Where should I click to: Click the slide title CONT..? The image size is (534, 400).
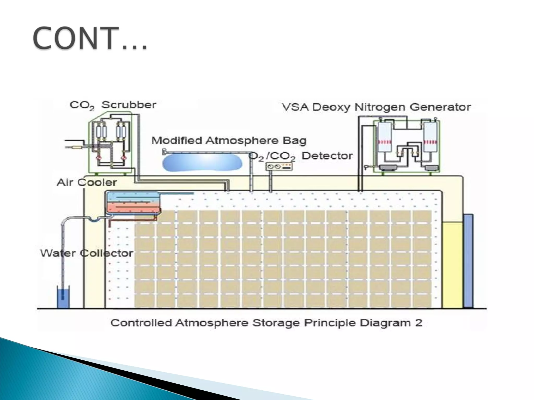(x=90, y=38)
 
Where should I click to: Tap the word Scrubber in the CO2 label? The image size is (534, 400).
(x=129, y=105)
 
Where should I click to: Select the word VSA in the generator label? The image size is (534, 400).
(x=295, y=107)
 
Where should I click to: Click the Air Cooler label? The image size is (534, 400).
(x=87, y=182)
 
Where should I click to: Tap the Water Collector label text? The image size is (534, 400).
(x=87, y=253)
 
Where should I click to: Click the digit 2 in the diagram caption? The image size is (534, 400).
(x=418, y=323)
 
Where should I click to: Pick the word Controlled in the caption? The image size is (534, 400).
(x=141, y=323)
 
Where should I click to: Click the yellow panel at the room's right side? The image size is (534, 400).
(x=452, y=264)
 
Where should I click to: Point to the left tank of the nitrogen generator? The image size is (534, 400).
(x=384, y=137)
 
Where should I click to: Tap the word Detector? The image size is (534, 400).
(x=327, y=156)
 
